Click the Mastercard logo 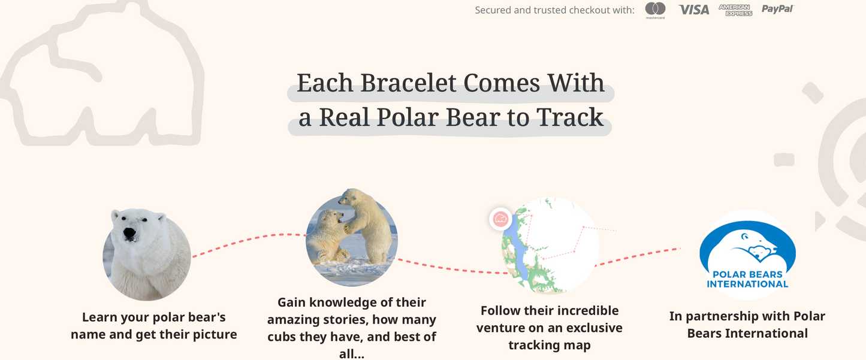(x=655, y=10)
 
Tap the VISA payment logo (x=693, y=10)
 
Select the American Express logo (x=735, y=10)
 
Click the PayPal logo (x=777, y=9)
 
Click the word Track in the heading (x=570, y=117)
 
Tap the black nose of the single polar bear (x=129, y=233)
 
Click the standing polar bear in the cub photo (x=367, y=225)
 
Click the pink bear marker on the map (x=500, y=219)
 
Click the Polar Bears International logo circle (x=747, y=254)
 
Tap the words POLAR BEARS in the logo (x=747, y=275)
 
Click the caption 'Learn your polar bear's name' (x=153, y=317)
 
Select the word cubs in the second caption (x=282, y=337)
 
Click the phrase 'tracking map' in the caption (x=549, y=345)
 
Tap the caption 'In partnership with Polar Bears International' (x=747, y=325)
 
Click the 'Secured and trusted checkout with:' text (x=554, y=10)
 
